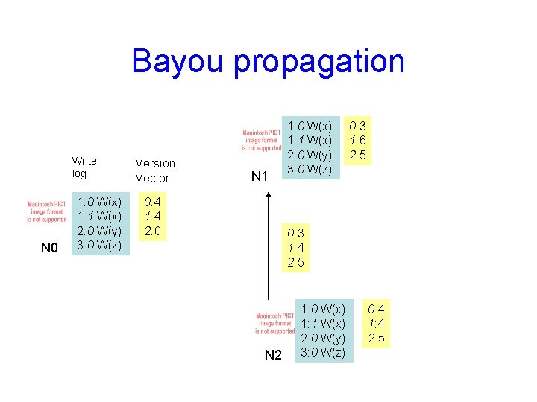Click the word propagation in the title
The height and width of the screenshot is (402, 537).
tap(319, 63)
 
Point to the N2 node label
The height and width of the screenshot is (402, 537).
tap(274, 355)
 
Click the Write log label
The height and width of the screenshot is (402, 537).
tap(84, 167)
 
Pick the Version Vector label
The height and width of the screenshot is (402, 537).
tap(155, 170)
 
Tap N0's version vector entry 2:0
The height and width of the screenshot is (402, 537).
tap(152, 231)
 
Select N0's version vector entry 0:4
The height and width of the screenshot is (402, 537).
tap(152, 202)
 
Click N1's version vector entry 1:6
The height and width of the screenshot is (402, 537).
tap(357, 140)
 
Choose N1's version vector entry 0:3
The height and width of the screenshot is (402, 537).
tap(357, 125)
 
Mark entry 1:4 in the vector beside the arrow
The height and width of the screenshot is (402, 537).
tap(296, 247)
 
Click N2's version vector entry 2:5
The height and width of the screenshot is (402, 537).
tap(377, 338)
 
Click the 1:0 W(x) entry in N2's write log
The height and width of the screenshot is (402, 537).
tap(322, 308)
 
